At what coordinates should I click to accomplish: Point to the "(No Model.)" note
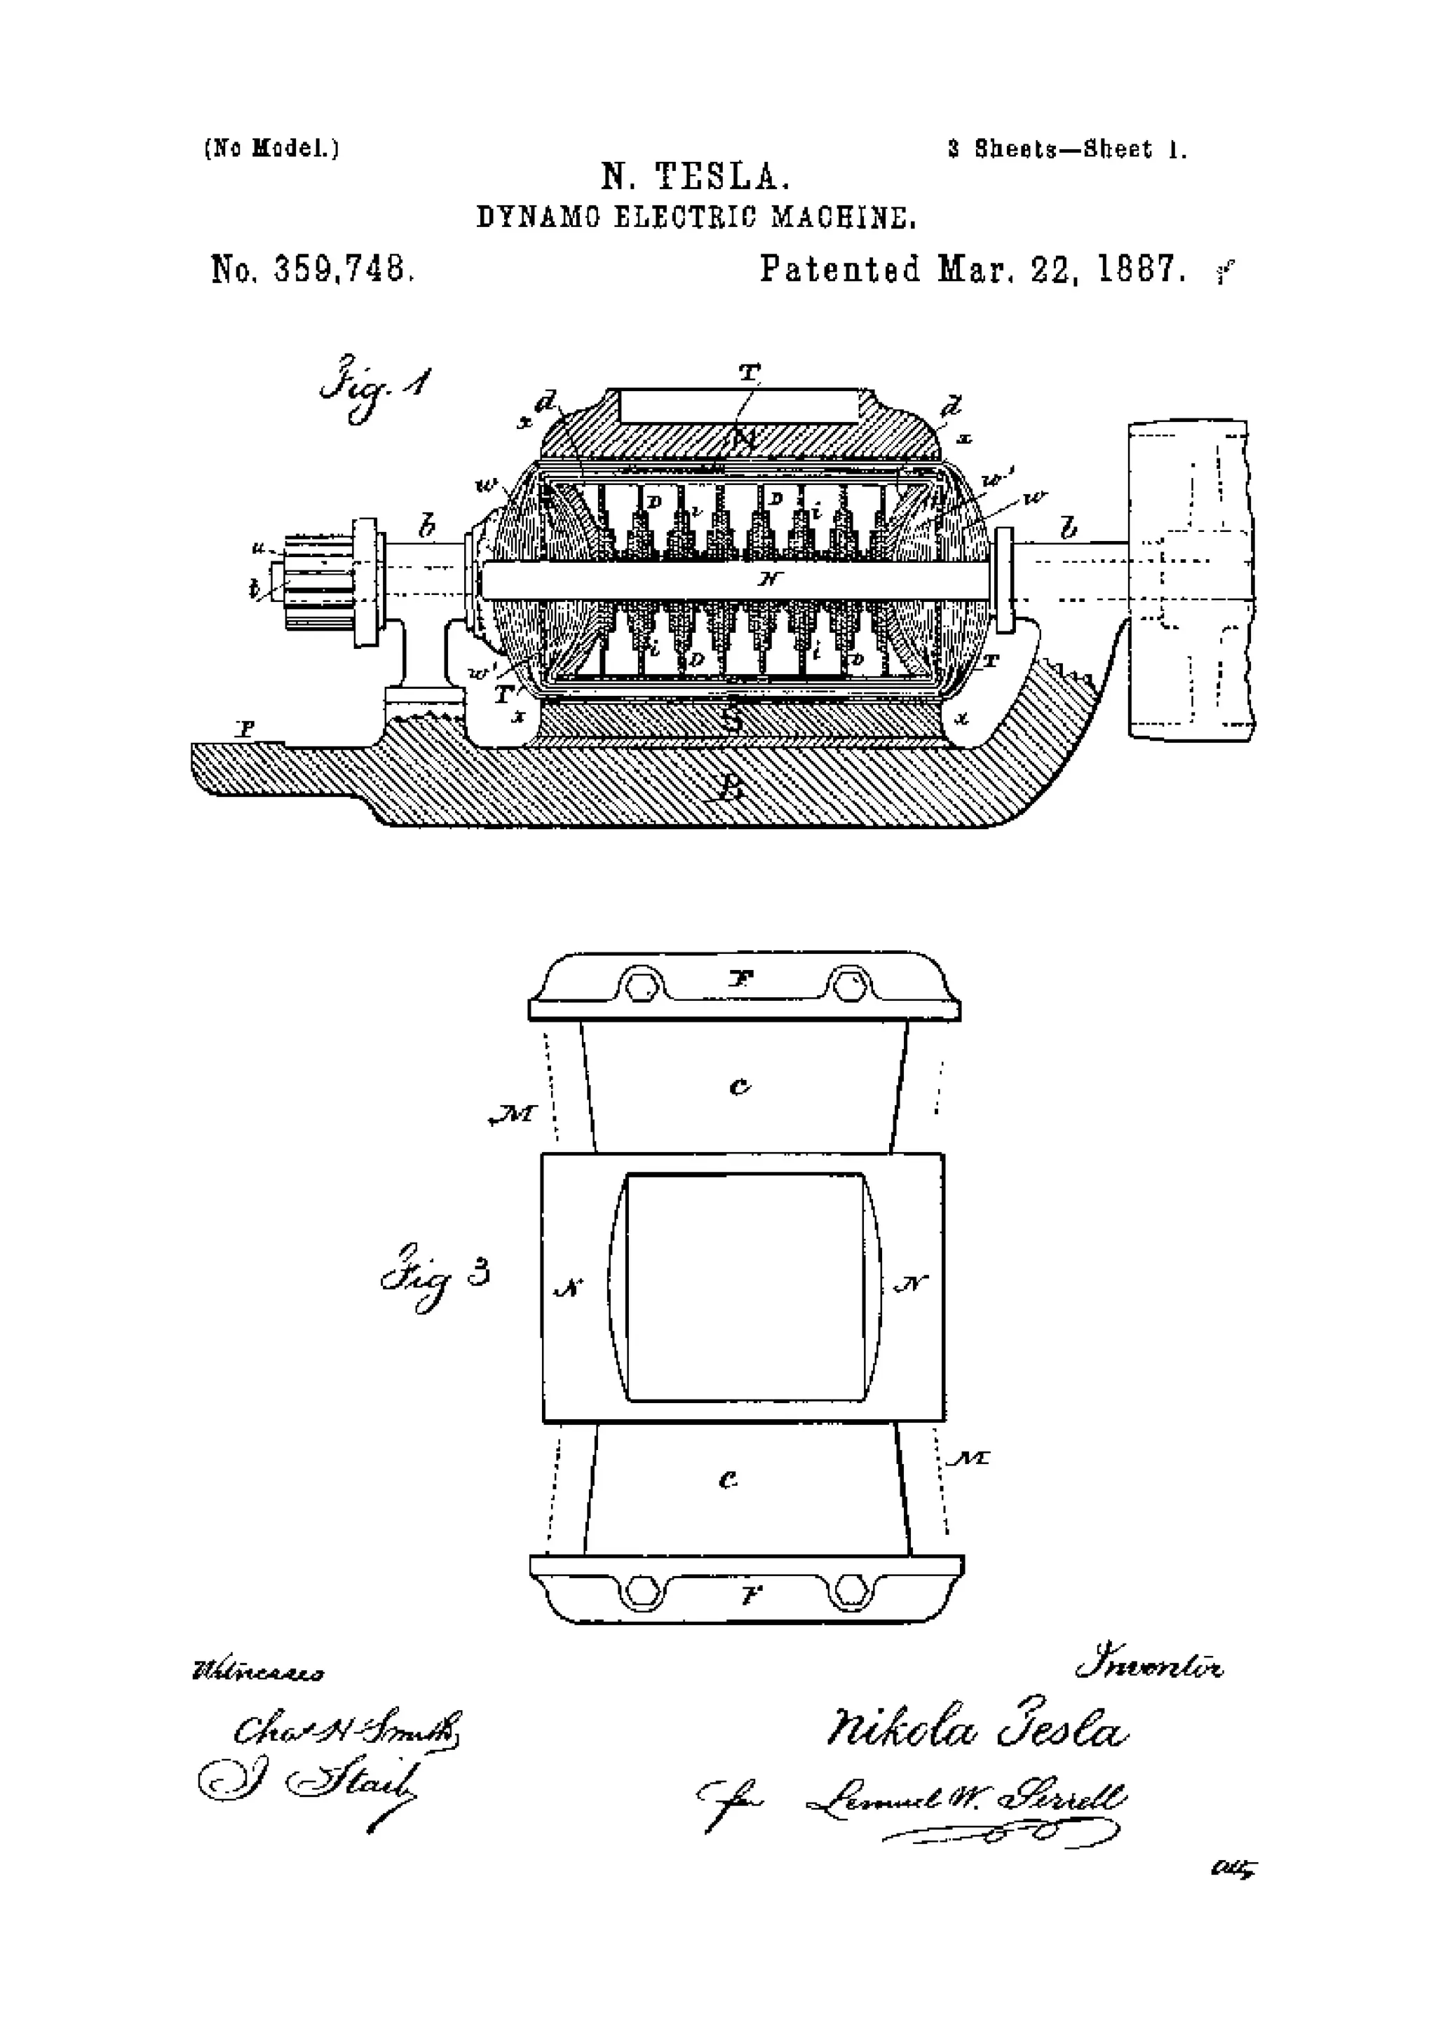(271, 148)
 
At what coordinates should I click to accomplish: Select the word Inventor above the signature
(1149, 1667)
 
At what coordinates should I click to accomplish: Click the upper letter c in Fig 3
(740, 1086)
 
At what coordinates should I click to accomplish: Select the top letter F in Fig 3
(740, 978)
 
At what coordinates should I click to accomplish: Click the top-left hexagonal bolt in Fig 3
(638, 984)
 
